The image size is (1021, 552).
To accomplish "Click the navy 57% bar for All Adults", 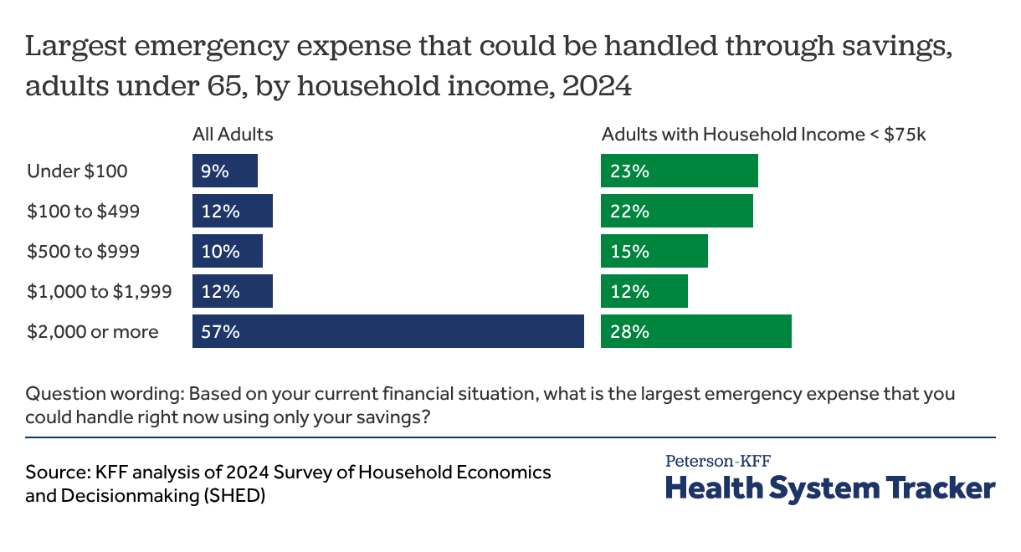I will point(387,331).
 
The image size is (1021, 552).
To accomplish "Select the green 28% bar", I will point(695,331).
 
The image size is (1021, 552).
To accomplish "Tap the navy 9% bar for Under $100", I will point(224,171).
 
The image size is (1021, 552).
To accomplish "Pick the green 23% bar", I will point(679,171).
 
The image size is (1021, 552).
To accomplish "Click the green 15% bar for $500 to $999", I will point(654,251).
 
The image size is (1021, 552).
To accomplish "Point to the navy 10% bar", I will point(227,251).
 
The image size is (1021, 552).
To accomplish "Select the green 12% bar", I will point(644,291).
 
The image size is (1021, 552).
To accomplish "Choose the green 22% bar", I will point(676,211).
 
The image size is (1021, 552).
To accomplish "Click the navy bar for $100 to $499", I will point(232,211).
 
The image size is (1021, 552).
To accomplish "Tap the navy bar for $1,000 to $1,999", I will point(232,291).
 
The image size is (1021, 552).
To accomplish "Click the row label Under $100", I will point(77,171).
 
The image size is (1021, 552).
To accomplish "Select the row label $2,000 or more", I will point(92,332).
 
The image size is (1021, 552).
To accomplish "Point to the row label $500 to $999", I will point(83,252).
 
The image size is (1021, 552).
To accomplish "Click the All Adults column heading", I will point(233,134).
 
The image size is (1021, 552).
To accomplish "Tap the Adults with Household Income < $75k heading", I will point(763,134).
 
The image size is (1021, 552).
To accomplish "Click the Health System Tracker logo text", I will point(830,488).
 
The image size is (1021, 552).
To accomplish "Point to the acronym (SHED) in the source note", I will point(239,495).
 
